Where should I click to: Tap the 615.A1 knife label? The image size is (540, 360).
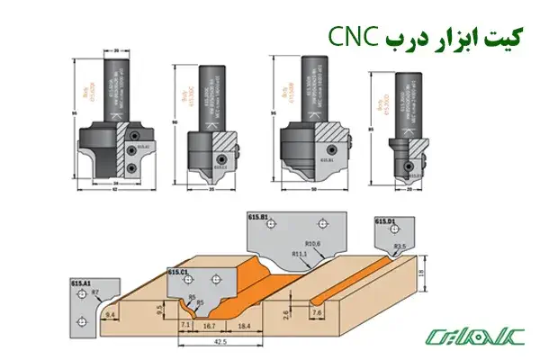click(83, 282)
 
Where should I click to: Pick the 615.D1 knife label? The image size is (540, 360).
click(388, 222)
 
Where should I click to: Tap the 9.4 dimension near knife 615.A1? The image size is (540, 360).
click(112, 315)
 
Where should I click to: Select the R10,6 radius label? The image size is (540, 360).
click(313, 243)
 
